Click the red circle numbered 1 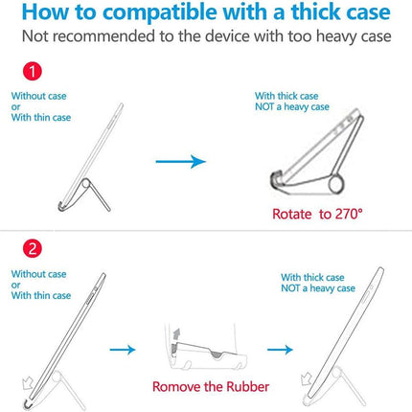33,71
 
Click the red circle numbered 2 33,248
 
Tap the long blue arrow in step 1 180,161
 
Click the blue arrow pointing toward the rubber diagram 123,350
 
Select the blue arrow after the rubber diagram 280,350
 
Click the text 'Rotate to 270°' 317,214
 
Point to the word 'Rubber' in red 247,387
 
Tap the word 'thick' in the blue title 315,12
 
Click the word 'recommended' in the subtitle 103,36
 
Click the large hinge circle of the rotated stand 336,184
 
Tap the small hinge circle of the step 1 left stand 85,184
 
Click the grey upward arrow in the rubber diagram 176,335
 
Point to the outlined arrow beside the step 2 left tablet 28,382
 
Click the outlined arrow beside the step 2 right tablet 307,378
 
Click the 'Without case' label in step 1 38,96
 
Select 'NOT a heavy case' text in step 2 318,288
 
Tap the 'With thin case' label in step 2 41,295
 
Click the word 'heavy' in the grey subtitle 336,36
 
